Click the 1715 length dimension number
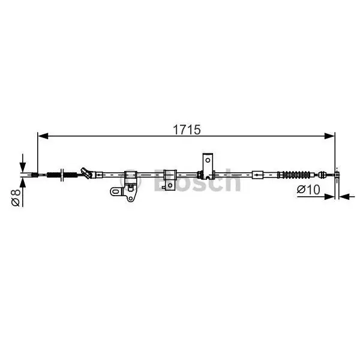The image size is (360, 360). click(x=187, y=130)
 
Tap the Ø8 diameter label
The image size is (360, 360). click(x=16, y=197)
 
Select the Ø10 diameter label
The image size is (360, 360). click(x=308, y=190)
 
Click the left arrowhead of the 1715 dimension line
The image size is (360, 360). click(x=43, y=136)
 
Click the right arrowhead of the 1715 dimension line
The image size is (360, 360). click(x=329, y=136)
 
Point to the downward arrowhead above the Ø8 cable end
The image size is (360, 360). click(x=23, y=166)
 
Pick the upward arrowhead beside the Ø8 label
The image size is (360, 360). click(x=23, y=182)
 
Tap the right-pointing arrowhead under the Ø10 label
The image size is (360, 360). click(x=329, y=197)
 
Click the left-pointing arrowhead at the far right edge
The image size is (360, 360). click(x=344, y=197)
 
